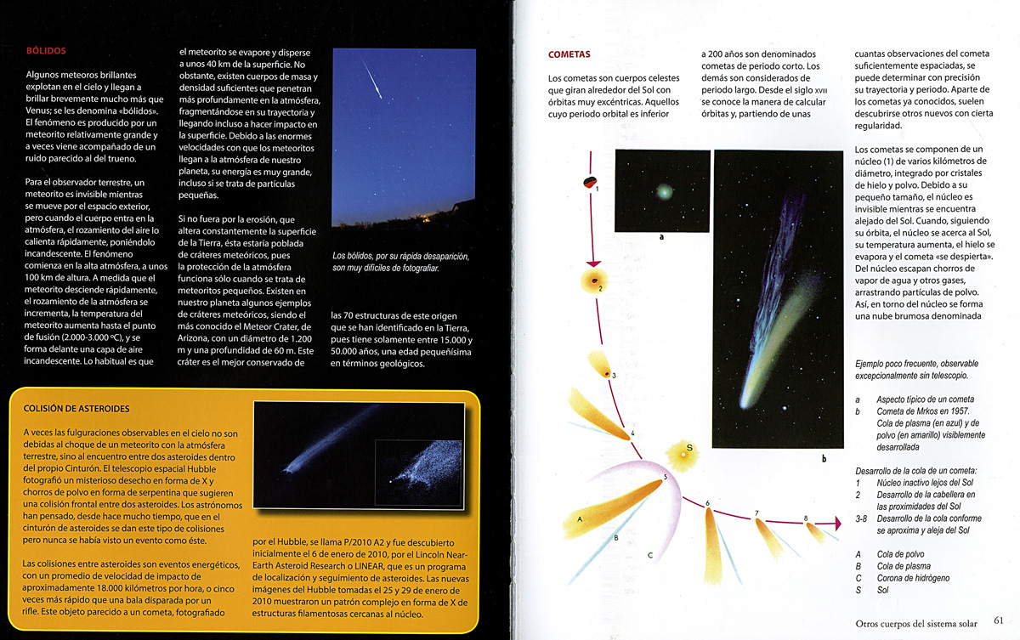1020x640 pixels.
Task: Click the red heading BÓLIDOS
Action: (46, 51)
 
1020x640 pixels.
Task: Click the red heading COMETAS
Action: (569, 55)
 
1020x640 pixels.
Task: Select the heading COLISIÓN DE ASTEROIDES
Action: (76, 409)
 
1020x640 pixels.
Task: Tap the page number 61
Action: (999, 621)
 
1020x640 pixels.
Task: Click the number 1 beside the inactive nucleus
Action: (597, 189)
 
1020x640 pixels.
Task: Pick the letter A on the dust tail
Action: (578, 518)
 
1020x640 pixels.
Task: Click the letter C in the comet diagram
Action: (649, 556)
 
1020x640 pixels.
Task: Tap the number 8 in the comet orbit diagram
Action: (806, 518)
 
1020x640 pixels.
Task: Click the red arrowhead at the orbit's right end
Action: (836, 525)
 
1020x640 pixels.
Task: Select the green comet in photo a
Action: (663, 193)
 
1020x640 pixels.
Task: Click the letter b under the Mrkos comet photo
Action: (823, 459)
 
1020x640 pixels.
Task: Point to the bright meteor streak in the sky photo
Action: (371, 80)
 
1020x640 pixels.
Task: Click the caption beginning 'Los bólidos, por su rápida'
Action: (399, 262)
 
